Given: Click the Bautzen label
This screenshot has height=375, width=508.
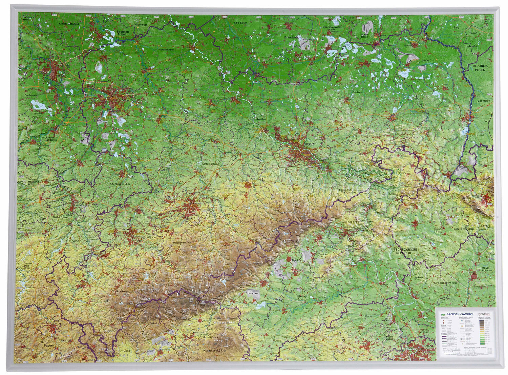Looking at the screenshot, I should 357,92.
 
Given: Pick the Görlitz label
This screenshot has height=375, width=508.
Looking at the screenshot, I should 426,60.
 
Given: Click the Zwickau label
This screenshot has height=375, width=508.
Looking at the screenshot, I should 151,238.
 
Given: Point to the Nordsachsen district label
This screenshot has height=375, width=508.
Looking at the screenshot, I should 166,50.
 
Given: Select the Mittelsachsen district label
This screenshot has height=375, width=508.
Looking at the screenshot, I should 211,164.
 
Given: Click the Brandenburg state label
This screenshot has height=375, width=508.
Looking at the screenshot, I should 293,38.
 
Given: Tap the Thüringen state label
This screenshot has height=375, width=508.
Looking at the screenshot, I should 60,217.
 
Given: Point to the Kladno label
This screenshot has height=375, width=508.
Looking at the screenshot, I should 369,316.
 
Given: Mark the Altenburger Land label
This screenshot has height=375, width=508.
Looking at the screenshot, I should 121,184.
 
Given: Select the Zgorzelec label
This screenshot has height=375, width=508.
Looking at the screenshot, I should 484,101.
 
